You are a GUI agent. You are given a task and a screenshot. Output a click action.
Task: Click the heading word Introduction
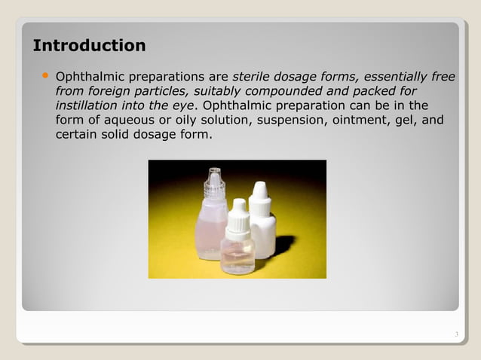(x=89, y=46)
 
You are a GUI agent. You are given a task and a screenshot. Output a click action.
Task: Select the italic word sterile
(x=254, y=77)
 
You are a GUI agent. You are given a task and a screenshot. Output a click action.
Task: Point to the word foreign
(x=112, y=91)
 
